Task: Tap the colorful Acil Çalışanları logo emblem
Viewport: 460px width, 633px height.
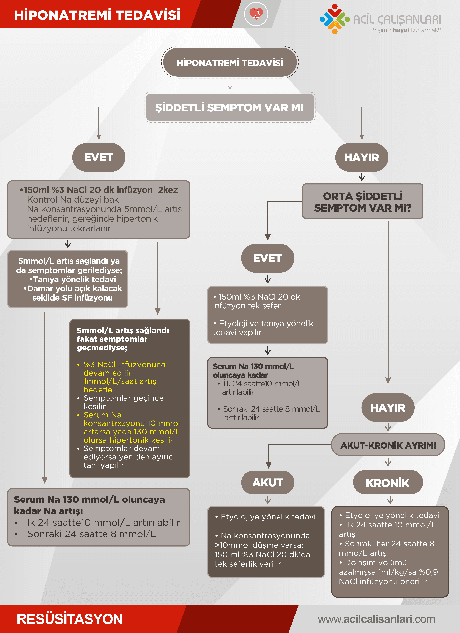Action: coord(334,19)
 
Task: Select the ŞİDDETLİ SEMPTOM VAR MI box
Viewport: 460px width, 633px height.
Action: coord(230,107)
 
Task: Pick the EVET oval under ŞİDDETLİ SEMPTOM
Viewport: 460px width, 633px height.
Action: coord(99,157)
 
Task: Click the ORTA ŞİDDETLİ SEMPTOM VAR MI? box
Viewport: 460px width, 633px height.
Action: coord(363,202)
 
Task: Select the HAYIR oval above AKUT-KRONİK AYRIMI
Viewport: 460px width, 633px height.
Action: coord(388,407)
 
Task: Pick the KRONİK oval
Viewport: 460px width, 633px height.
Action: coord(388,483)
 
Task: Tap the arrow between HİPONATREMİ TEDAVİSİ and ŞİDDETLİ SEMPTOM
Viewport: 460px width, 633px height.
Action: coord(230,85)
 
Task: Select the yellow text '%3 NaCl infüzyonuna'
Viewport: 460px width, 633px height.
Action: coord(124,364)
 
